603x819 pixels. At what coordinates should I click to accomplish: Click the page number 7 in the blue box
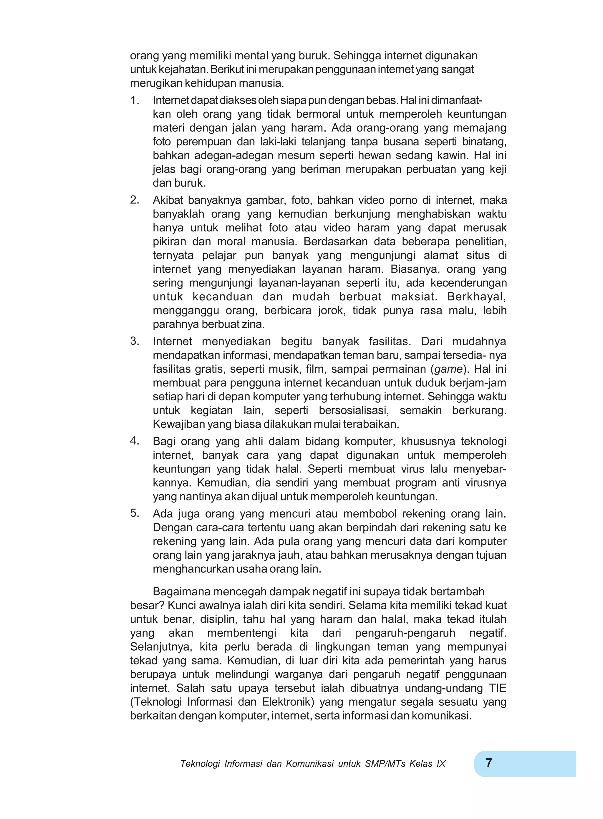489,762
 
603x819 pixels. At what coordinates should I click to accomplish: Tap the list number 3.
134,341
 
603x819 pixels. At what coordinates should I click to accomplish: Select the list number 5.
134,513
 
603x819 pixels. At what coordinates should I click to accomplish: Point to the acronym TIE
497,688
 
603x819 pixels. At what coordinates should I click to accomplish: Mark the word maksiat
414,297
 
